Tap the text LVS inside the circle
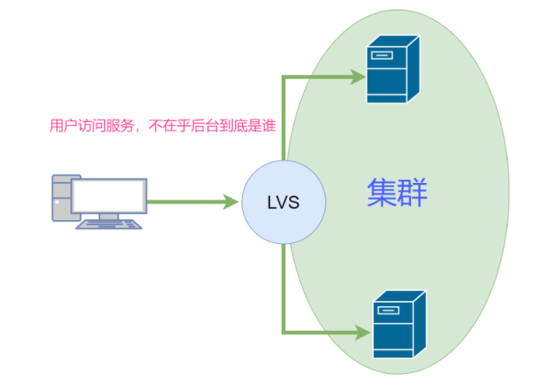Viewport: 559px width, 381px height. coord(283,202)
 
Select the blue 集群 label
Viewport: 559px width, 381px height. coord(397,192)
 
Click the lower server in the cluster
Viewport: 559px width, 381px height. coord(399,324)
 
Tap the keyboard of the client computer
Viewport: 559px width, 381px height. coord(109,224)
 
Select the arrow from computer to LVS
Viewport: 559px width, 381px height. coord(190,201)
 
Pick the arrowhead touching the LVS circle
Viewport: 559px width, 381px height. coord(231,201)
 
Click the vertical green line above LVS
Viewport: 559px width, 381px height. coord(283,119)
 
